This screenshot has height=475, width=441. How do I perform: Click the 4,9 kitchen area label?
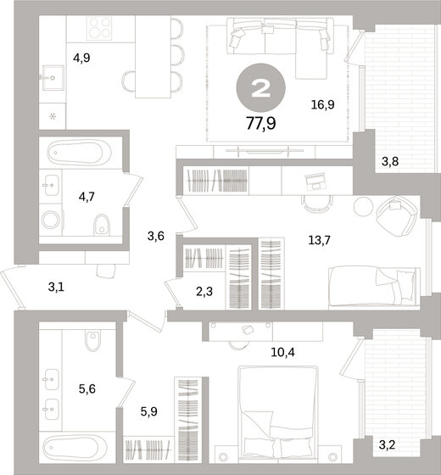81,59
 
